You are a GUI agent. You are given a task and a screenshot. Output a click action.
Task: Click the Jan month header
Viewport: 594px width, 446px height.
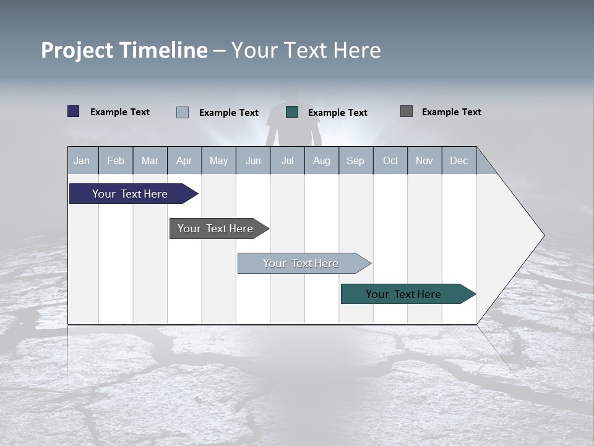pyautogui.click(x=82, y=160)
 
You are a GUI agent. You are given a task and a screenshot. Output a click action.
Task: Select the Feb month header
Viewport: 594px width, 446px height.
pyautogui.click(x=116, y=160)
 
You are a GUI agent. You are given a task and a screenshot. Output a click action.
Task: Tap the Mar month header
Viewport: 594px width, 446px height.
pyautogui.click(x=150, y=160)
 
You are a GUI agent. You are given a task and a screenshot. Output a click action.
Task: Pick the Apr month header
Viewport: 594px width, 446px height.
pyautogui.click(x=184, y=160)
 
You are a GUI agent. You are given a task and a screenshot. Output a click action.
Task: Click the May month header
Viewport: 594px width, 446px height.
pyautogui.click(x=218, y=160)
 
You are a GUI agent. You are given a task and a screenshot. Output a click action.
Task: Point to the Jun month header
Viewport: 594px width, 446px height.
pyautogui.click(x=253, y=160)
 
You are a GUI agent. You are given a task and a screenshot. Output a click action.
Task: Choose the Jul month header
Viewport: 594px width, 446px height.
pyautogui.click(x=287, y=160)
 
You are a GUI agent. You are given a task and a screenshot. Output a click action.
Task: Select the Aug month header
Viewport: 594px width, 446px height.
pyautogui.click(x=322, y=160)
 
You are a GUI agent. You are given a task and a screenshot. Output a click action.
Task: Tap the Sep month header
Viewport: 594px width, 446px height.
pyautogui.click(x=356, y=160)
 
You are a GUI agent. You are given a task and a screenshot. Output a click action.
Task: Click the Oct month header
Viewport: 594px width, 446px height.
pyautogui.click(x=390, y=160)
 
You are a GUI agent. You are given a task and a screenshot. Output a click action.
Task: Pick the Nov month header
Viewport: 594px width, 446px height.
pyautogui.click(x=424, y=160)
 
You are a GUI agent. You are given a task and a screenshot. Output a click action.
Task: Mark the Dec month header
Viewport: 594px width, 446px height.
pyautogui.click(x=459, y=160)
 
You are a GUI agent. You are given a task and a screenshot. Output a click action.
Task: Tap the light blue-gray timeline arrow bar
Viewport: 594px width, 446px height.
pyautogui.click(x=301, y=263)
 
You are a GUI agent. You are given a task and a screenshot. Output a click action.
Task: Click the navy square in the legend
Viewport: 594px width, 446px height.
pyautogui.click(x=74, y=111)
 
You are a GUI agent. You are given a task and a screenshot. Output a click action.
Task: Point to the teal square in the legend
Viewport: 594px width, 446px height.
pyautogui.click(x=292, y=112)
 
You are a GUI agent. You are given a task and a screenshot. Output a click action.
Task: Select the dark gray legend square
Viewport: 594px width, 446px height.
pyautogui.click(x=407, y=111)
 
